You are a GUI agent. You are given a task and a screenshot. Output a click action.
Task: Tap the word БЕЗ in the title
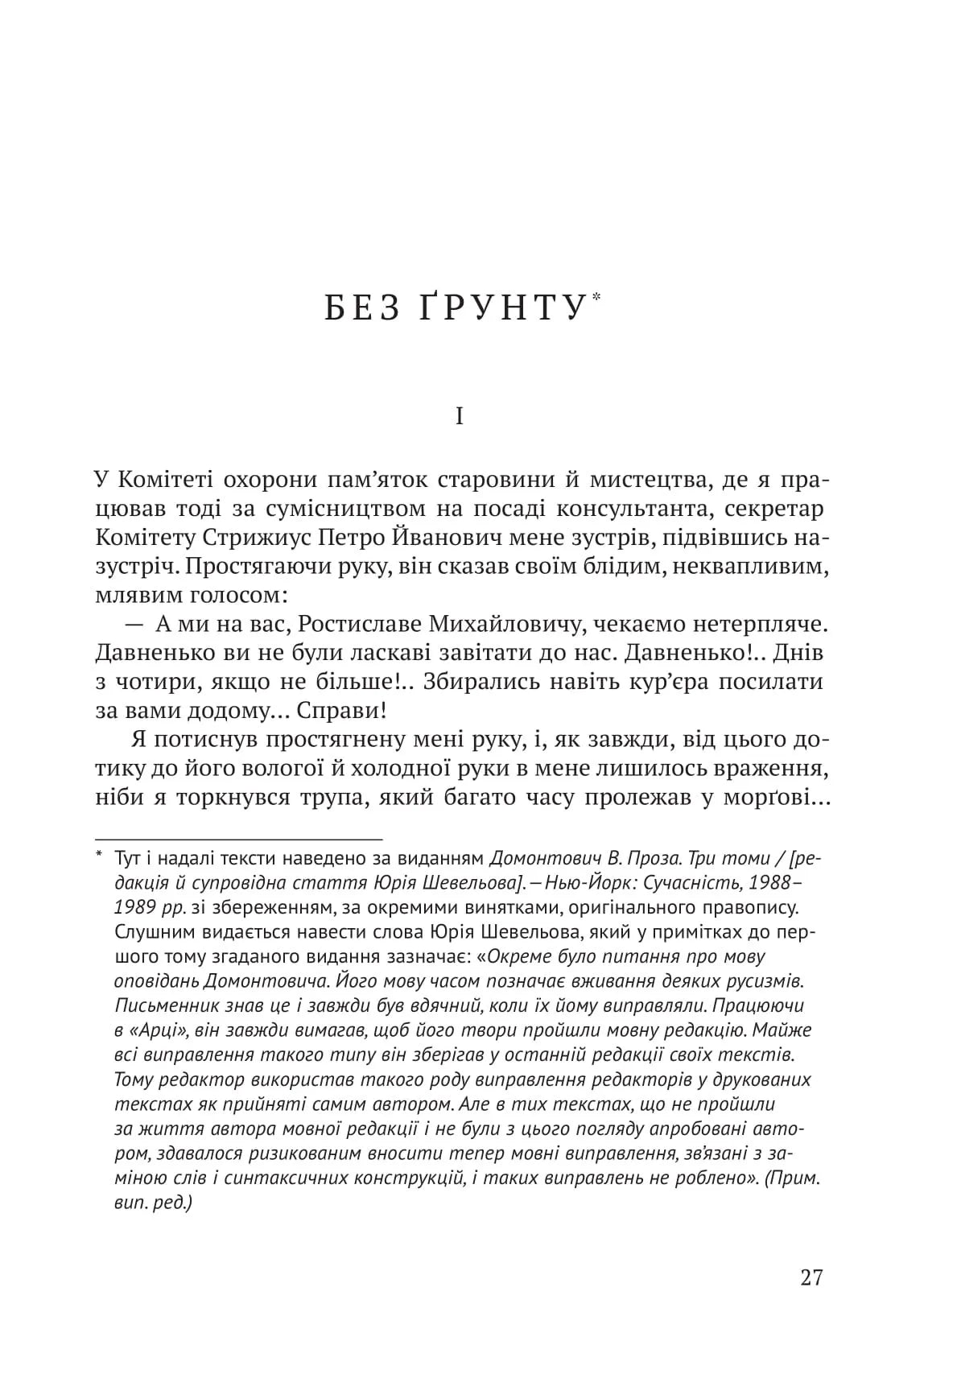click(x=361, y=309)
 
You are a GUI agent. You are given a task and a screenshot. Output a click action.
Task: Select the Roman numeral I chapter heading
click(x=460, y=417)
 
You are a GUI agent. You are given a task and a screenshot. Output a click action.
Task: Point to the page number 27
click(x=811, y=1277)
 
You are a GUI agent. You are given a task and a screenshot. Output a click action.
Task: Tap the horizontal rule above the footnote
click(x=238, y=840)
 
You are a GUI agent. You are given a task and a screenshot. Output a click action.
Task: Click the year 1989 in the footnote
click(x=140, y=907)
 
